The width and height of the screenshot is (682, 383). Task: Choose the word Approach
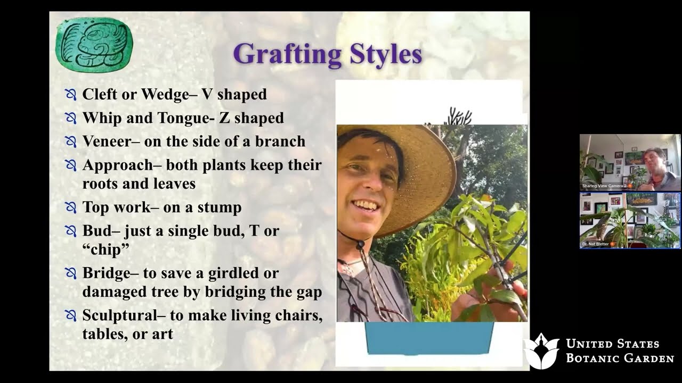coord(117,165)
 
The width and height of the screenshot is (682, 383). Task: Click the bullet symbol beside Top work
coord(70,207)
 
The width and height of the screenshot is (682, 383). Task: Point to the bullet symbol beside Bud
coord(70,231)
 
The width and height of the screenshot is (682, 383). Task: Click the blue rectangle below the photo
coord(429,338)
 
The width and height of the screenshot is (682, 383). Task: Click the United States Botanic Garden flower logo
coord(540,351)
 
